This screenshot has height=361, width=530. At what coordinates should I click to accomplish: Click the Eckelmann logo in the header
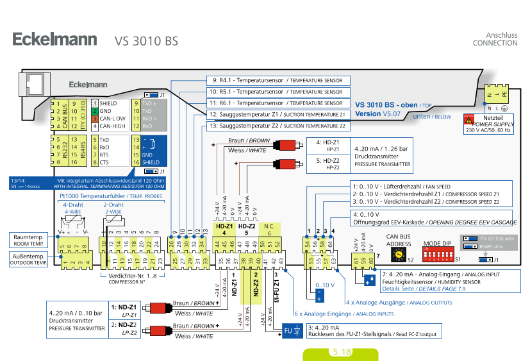pyautogui.click(x=54, y=40)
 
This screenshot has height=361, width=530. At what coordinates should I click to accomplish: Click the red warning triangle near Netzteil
pyautogui.click(x=468, y=119)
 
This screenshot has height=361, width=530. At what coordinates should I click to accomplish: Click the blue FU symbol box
pyautogui.click(x=292, y=331)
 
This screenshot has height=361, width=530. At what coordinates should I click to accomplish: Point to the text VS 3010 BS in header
pyautogui.click(x=146, y=41)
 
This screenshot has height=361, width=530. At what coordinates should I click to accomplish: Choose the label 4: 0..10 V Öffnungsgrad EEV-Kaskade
pyautogui.click(x=431, y=217)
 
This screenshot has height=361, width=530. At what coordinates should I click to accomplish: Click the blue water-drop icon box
pyautogui.click(x=370, y=280)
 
